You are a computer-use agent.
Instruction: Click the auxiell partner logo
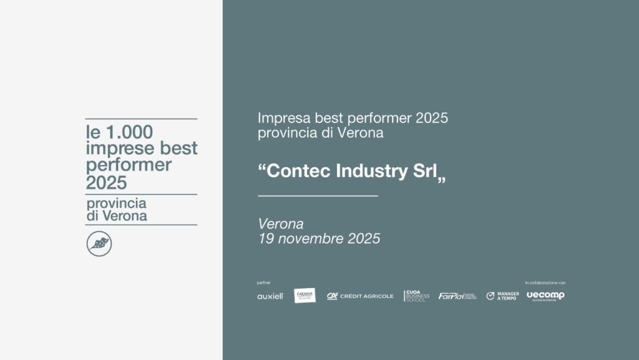270,296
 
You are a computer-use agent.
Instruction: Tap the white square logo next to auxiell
305,296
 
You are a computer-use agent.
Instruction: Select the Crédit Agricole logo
360,296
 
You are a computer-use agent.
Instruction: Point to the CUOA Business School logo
417,296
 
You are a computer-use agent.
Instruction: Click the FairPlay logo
457,296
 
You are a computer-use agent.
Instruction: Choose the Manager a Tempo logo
502,296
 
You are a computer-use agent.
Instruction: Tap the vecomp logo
545,296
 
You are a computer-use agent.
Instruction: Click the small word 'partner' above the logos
263,282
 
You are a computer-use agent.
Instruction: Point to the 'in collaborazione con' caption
545,282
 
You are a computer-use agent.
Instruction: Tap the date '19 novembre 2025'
319,239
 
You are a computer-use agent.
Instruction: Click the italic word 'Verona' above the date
280,224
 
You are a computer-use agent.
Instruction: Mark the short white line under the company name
318,196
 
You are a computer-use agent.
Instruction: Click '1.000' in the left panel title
128,132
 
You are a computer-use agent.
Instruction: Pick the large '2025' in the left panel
106,182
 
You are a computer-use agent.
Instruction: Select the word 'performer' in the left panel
129,166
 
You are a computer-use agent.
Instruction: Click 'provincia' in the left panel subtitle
117,204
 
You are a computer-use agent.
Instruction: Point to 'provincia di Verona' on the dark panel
320,133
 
